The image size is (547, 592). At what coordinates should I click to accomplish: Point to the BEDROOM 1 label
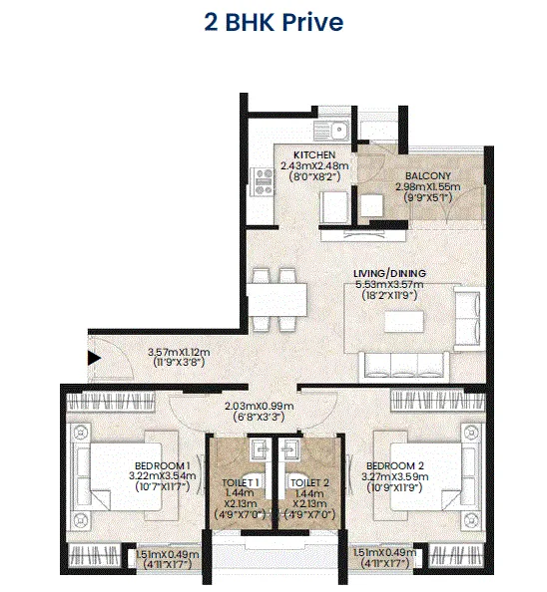163,466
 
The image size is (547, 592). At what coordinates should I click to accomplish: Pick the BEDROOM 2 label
394,466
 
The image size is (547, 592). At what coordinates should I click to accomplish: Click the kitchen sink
329,130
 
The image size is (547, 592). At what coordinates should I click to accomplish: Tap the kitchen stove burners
266,181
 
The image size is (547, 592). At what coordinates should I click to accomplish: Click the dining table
273,298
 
